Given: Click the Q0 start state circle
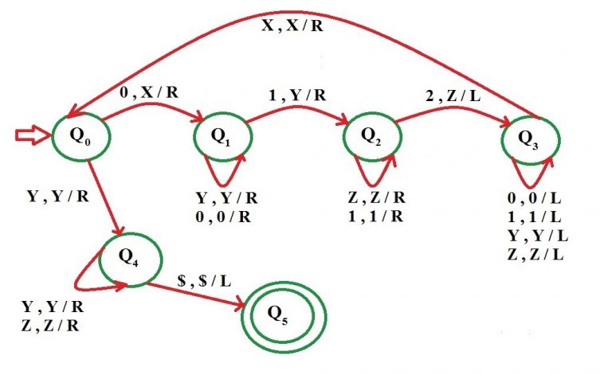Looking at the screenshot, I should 80,136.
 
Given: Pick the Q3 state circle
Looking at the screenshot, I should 527,137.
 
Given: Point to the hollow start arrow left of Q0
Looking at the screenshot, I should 33,137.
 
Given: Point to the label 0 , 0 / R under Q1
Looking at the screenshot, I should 226,214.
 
